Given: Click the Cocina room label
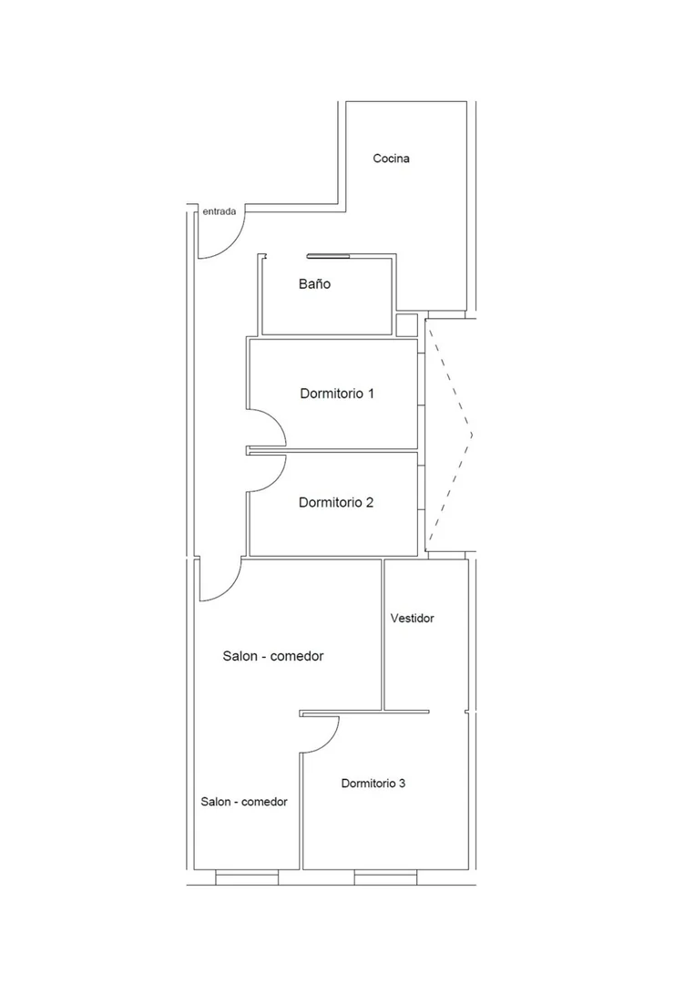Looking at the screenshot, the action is point(391,159).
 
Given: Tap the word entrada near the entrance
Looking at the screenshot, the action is point(219,211).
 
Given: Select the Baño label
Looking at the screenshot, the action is point(314,283).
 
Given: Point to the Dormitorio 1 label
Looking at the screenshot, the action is point(337,394).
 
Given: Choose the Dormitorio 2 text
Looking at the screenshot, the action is point(335,502).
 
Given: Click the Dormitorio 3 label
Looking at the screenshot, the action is point(373,784).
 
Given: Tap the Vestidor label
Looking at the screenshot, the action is point(412,618).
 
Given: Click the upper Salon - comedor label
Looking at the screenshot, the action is point(273,656).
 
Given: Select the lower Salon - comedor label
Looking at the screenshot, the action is point(244,802).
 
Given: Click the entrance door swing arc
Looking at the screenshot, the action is point(232,246).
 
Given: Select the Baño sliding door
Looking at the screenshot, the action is point(328,255).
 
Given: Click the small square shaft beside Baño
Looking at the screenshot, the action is point(406,325).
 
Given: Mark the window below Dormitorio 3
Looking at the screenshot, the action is point(386,877).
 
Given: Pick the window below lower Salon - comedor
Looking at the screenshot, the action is point(247,877).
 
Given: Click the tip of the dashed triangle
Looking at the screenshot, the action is point(472,435).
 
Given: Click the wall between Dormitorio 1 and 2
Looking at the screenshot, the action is point(333,451).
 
